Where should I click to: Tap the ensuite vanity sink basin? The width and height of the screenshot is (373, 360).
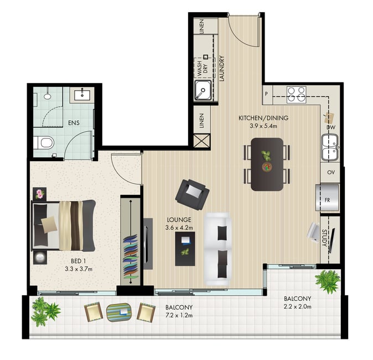pos(82,95)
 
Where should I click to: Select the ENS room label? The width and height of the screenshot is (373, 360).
pos(74,123)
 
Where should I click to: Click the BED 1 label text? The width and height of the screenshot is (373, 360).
pos(79,261)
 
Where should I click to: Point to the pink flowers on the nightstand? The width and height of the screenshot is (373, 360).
pos(40,194)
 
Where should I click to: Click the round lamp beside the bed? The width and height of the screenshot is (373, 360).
pos(40,257)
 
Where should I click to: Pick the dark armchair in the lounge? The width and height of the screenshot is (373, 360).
pos(192,194)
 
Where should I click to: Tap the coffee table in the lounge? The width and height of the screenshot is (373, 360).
pos(185,249)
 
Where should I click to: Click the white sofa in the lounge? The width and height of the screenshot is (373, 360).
pos(218,249)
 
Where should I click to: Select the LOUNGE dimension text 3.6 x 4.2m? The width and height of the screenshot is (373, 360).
pos(179,228)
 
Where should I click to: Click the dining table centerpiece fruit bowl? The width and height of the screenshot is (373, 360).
pos(267,167)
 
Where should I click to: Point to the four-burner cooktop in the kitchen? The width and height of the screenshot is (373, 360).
pos(296,95)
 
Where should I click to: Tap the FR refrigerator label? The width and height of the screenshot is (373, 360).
pos(328,200)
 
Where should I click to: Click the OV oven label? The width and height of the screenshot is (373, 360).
pos(331,172)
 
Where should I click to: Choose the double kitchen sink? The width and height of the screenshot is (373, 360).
pos(330,147)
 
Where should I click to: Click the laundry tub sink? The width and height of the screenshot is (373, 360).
pos(203,90)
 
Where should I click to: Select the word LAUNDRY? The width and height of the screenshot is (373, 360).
pos(222,69)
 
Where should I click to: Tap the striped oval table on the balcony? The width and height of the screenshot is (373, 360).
pos(118,312)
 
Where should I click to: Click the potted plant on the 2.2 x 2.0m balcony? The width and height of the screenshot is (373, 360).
pos(328,281)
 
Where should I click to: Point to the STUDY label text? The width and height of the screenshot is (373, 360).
pos(324,238)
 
